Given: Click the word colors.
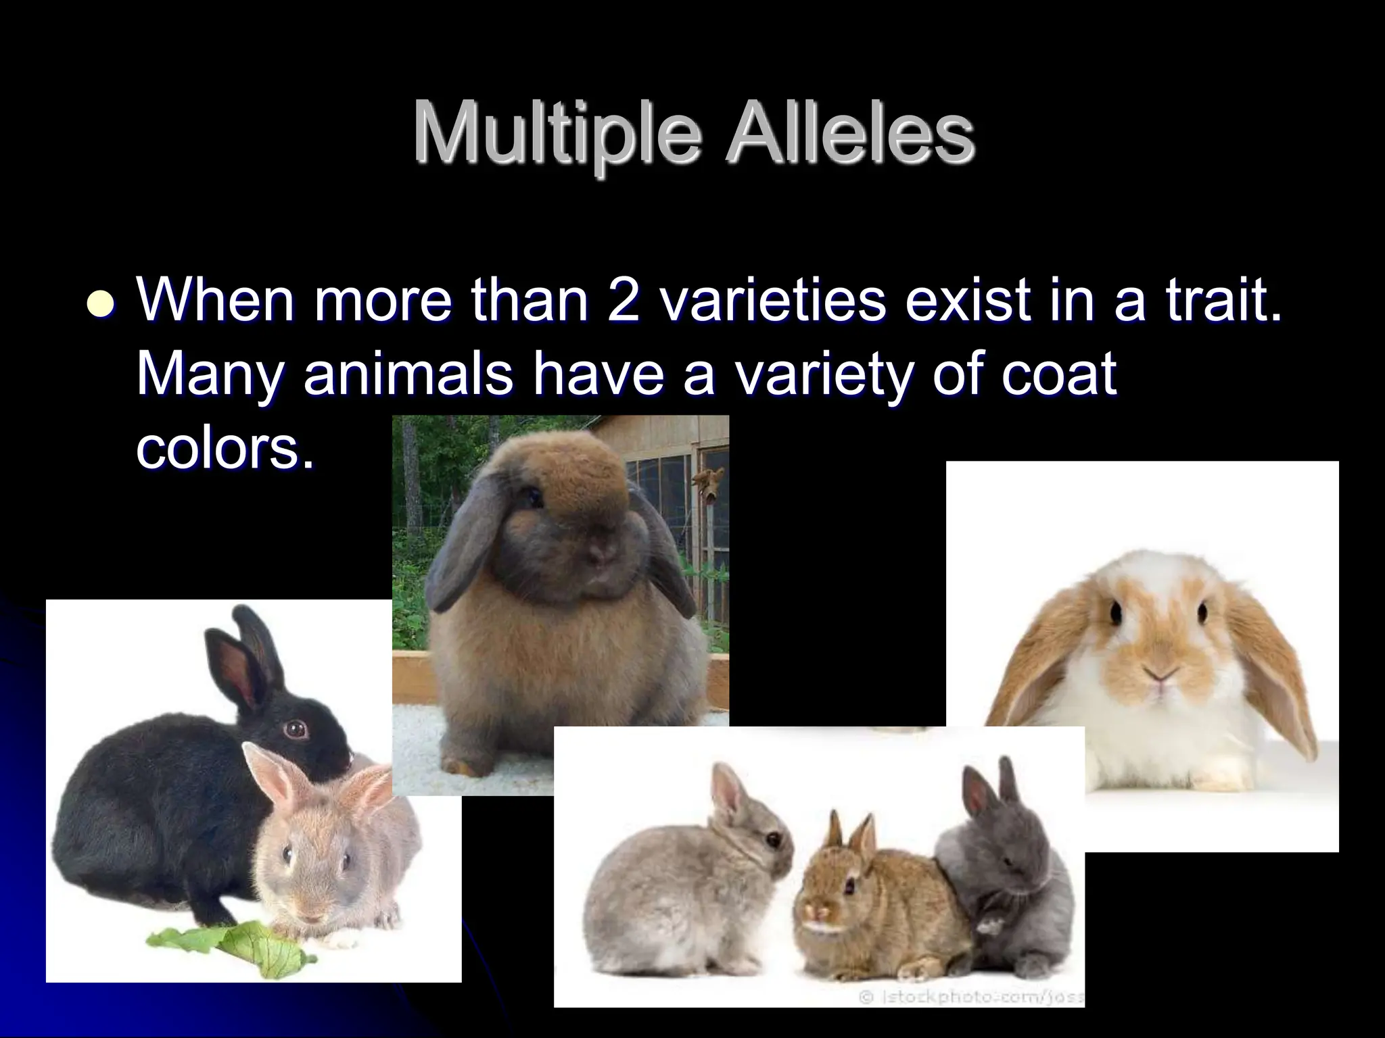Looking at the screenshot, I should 225,447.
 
